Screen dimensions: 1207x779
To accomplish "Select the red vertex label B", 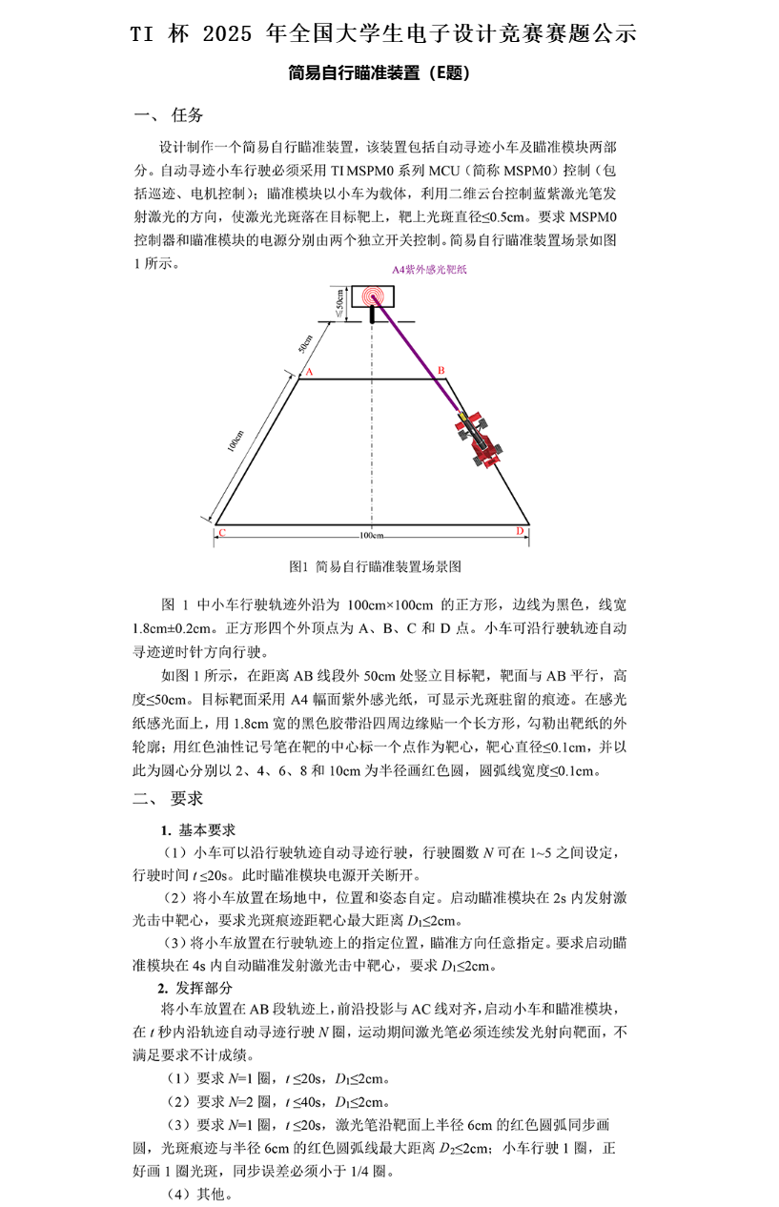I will click(441, 370).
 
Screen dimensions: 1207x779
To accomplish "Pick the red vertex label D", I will click(520, 530).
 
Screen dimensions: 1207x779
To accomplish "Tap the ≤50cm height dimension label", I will click(338, 304).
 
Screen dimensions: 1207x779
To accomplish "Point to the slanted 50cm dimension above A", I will click(305, 344).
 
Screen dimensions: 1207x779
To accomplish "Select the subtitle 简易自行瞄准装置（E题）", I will click(379, 72).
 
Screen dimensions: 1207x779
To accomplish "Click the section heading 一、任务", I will click(170, 115).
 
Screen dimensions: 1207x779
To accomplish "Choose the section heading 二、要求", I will click(170, 798).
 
